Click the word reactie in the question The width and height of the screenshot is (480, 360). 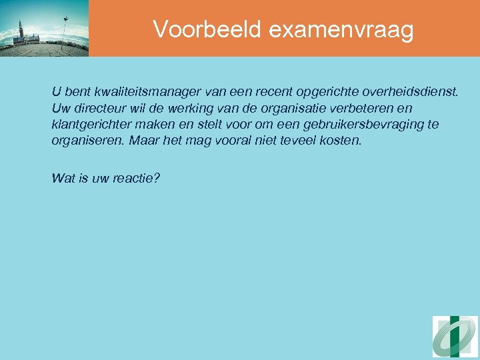[138, 179]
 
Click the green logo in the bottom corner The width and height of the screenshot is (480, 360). [455, 337]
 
